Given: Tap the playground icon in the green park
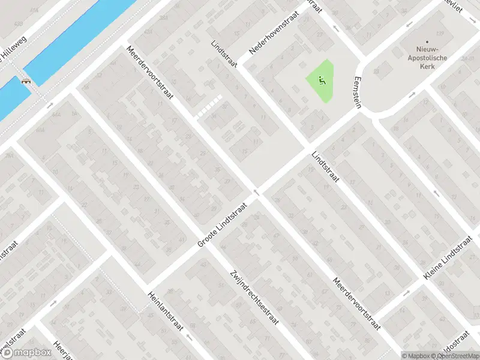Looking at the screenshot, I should click(x=321, y=79).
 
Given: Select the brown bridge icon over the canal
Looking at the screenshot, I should click(x=26, y=82).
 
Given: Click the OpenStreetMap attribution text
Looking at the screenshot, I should click(x=454, y=355).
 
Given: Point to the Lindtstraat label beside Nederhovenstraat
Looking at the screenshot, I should click(x=224, y=54).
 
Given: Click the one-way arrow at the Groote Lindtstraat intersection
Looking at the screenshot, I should click(x=256, y=193).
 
